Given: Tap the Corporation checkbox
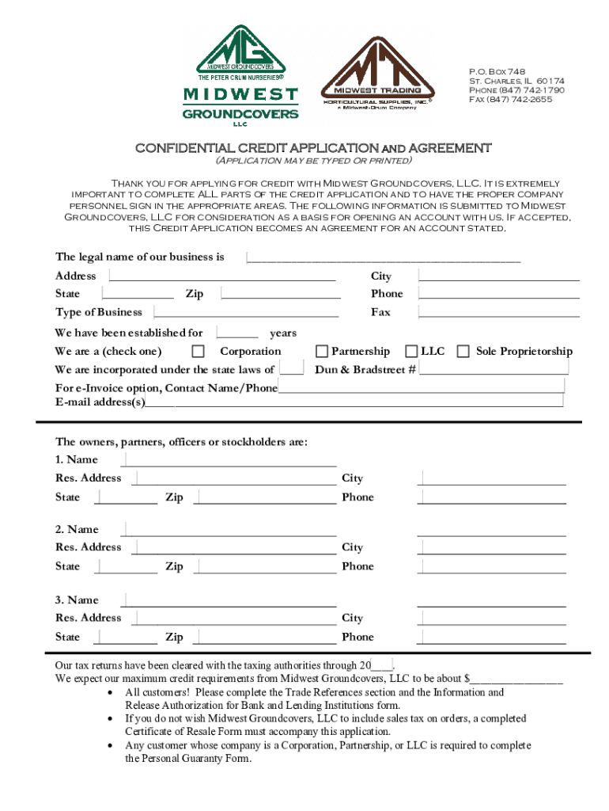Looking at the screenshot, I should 199,352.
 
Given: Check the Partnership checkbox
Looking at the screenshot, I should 322,352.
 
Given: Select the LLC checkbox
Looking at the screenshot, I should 411,352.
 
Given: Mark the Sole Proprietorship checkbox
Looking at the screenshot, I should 463,352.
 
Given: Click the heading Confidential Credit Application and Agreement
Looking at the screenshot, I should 313,148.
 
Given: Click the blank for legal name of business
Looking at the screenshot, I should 384,257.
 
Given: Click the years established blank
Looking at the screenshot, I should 237,333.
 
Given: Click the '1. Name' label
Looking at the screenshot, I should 77,459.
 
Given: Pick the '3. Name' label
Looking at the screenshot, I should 77,600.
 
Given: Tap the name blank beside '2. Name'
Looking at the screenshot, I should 229,530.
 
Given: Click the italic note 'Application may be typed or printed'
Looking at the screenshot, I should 313,161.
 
